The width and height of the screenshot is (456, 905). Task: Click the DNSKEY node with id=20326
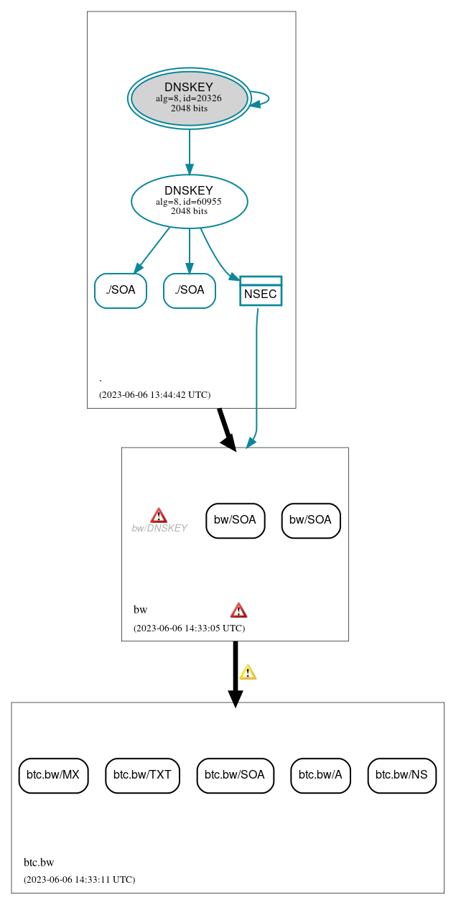tap(189, 98)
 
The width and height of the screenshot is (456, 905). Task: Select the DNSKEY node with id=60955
tap(189, 201)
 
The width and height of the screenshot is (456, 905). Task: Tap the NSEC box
tap(261, 291)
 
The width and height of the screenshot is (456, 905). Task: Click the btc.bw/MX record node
tap(53, 776)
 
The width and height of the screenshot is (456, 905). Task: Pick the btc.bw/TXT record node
tap(142, 776)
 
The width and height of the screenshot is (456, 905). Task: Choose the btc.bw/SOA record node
tap(235, 776)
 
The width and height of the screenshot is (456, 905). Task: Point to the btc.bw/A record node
tap(320, 776)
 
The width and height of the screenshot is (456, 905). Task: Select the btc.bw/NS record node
tap(402, 776)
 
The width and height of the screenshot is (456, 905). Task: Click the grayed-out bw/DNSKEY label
tap(159, 528)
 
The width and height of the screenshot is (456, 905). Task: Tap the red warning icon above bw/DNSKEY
tap(159, 515)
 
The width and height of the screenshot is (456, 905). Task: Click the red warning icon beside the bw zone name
tap(238, 610)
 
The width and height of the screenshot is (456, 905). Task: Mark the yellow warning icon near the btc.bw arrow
tap(248, 672)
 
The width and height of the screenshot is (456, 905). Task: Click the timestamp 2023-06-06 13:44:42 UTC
tap(154, 394)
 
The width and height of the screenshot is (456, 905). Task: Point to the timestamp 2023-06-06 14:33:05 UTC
tap(189, 628)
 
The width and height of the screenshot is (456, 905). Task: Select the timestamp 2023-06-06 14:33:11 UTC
tap(79, 879)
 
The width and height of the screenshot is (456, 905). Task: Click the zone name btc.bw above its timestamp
tap(39, 863)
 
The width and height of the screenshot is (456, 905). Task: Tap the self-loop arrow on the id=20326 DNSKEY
tap(264, 98)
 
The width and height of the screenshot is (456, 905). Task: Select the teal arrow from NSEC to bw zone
tap(256, 373)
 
